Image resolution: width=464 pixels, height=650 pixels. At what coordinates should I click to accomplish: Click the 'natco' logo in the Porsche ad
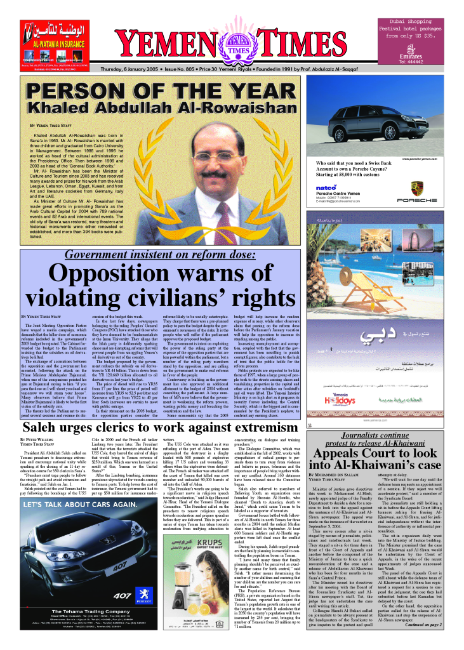[326, 188]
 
